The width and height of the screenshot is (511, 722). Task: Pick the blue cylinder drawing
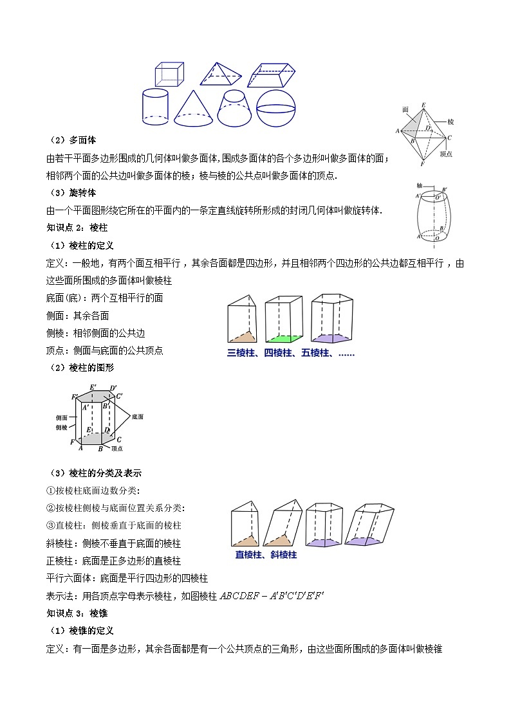click(x=155, y=107)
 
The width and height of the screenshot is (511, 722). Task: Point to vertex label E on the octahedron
click(x=423, y=105)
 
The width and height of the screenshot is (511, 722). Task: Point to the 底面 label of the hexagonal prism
click(x=136, y=417)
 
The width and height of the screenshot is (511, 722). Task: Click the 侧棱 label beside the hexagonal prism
click(x=62, y=427)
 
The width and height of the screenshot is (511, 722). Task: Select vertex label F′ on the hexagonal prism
click(x=75, y=397)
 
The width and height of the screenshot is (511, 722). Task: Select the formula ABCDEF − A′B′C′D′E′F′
click(x=271, y=595)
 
